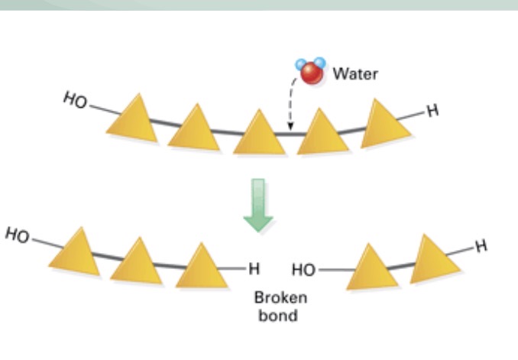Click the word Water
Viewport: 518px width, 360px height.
pyautogui.click(x=355, y=74)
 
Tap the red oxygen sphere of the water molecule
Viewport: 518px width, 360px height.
pyautogui.click(x=310, y=73)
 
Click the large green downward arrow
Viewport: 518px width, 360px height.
pyautogui.click(x=258, y=204)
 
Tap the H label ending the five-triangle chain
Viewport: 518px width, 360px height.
pyautogui.click(x=432, y=110)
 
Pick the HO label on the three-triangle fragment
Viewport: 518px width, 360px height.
pyautogui.click(x=17, y=235)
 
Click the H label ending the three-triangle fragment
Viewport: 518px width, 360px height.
pyautogui.click(x=254, y=268)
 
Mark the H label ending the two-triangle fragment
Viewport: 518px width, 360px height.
pyautogui.click(x=480, y=246)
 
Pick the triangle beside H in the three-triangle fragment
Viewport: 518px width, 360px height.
pyautogui.click(x=202, y=267)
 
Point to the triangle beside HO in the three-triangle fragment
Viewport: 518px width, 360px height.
pyautogui.click(x=75, y=253)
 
